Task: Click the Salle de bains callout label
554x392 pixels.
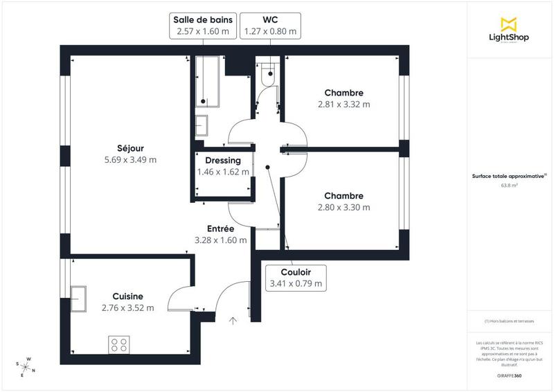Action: click(x=202, y=26)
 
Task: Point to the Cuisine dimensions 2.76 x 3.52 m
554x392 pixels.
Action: click(x=127, y=308)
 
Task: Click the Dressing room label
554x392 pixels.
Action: click(x=222, y=160)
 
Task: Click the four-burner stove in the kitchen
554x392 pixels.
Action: click(x=118, y=344)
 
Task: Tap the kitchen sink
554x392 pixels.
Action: click(x=77, y=299)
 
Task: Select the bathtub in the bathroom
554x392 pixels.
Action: click(x=207, y=82)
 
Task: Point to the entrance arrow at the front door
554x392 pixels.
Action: click(x=233, y=320)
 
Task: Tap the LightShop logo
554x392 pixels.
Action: click(x=510, y=30)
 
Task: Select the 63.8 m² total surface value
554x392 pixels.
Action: click(x=510, y=186)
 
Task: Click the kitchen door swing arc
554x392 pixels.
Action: click(x=179, y=298)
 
